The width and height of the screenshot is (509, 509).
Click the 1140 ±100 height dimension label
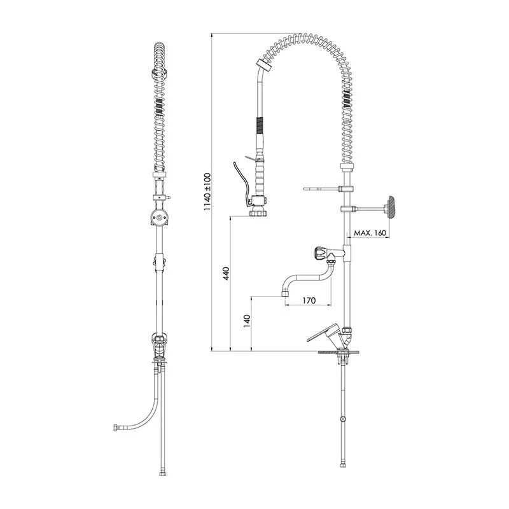pos(207,192)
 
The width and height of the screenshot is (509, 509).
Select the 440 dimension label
pos(227,274)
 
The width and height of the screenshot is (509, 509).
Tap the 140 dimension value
pos(248,321)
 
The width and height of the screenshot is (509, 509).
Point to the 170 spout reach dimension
pos(309,300)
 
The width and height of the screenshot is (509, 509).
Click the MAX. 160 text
pos(370,233)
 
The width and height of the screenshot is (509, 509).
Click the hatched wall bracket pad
pos(391,207)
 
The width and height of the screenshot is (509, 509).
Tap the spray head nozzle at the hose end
pos(258,213)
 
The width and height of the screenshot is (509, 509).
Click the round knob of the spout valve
pos(319,253)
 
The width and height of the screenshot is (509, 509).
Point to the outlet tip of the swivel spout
pos(284,293)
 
